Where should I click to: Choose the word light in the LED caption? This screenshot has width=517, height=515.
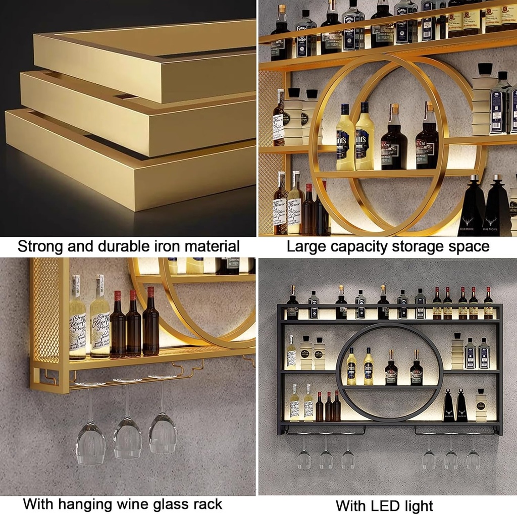click(415, 505)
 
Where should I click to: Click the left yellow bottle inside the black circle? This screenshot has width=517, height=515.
click(351, 368)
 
